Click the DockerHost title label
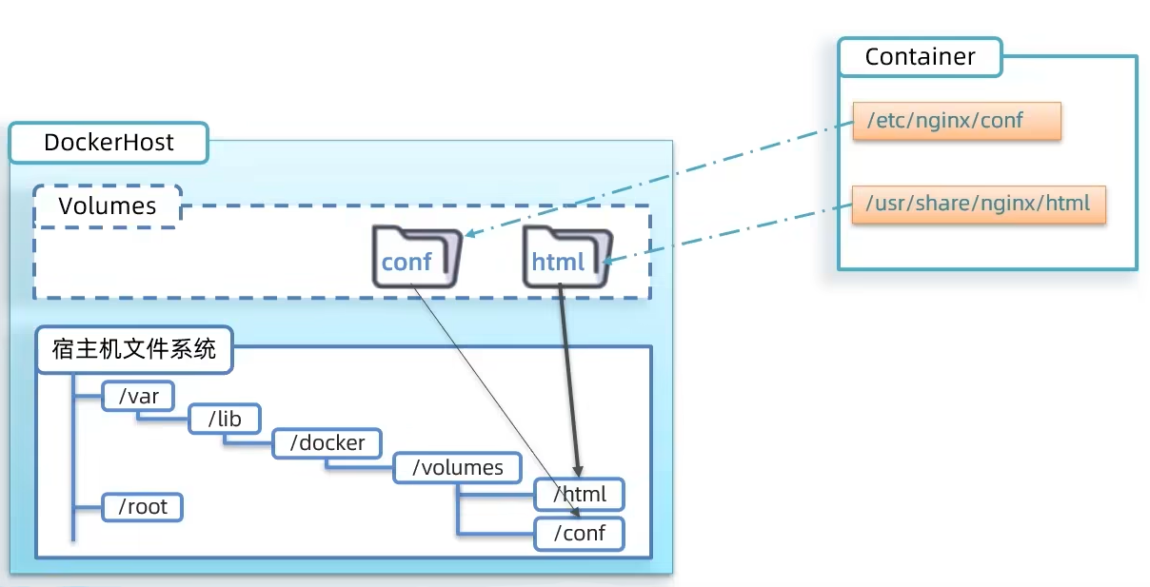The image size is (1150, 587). (x=109, y=143)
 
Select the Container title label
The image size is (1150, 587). (x=920, y=57)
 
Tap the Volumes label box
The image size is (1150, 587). (x=107, y=206)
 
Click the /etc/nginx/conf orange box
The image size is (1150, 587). (x=956, y=122)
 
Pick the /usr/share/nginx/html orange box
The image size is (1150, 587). (x=979, y=204)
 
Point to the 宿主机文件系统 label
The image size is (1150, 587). (x=134, y=349)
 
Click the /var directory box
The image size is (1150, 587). (x=139, y=397)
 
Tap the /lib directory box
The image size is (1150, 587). (x=225, y=420)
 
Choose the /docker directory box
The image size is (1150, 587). (x=327, y=443)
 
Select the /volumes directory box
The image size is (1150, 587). (x=457, y=468)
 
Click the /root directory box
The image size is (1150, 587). (x=142, y=507)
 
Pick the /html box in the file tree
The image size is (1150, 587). (x=579, y=495)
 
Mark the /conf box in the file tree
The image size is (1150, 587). (x=579, y=534)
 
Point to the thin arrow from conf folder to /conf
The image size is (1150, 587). (x=495, y=400)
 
